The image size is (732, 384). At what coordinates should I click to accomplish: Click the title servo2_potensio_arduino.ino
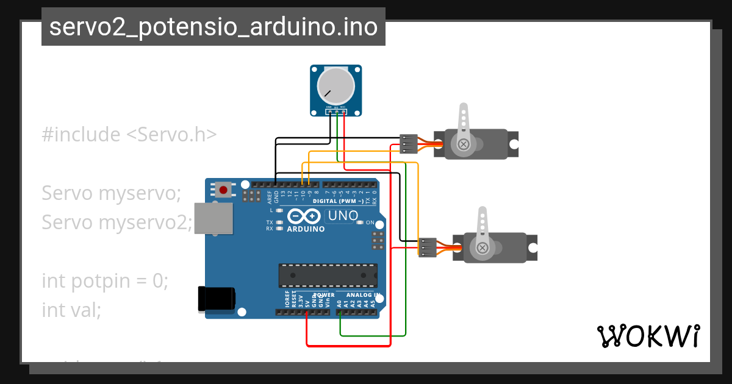pos(213,27)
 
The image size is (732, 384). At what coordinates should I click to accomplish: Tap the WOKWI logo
pos(648,336)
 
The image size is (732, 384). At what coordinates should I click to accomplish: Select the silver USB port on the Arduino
pos(213,218)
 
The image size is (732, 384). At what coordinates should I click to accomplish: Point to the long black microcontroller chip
pos(328,276)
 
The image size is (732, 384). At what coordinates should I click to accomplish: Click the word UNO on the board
pos(343,215)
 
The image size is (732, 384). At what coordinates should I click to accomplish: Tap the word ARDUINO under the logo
pos(305,229)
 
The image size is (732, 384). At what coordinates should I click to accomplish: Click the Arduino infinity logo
pos(304,216)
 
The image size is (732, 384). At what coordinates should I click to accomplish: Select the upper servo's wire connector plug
pos(408,144)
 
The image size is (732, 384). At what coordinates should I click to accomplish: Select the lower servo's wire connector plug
pos(427,247)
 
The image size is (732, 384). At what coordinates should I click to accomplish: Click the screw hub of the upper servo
pos(464,144)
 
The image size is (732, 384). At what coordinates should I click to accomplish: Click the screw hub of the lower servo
pos(483,247)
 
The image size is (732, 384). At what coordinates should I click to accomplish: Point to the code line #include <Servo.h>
pos(129,134)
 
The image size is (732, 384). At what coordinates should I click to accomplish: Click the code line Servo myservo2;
pos(117,222)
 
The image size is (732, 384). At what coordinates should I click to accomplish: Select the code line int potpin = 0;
pos(105,281)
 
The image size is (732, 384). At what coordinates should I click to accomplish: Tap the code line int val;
pos(71,310)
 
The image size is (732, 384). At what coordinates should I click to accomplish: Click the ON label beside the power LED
pos(370,222)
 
